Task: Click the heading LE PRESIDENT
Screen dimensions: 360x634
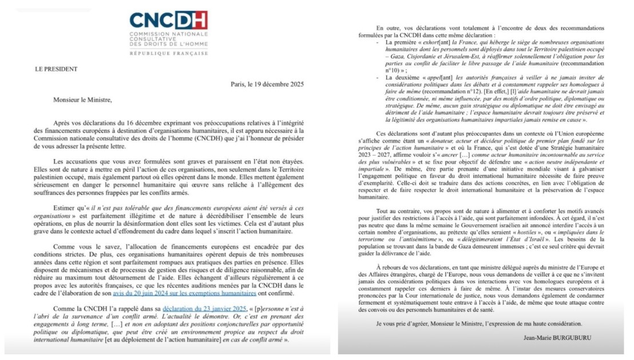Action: [57, 69]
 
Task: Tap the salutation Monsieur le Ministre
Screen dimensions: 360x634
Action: [82, 100]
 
